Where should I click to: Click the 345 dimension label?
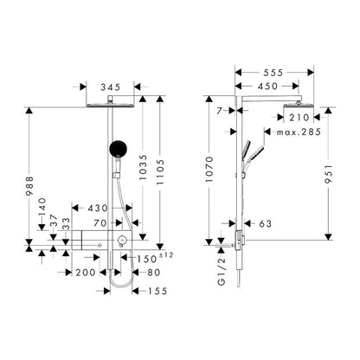pyautogui.click(x=110, y=87)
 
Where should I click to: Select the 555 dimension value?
pyautogui.click(x=273, y=73)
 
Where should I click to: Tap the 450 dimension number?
pyautogui.click(x=267, y=86)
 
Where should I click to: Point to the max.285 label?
pyautogui.click(x=299, y=132)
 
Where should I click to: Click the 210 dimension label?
pyautogui.click(x=299, y=118)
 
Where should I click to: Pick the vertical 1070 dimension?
pyautogui.click(x=209, y=170)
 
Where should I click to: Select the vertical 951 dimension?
pyautogui.click(x=329, y=174)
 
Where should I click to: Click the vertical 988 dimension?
pyautogui.click(x=29, y=186)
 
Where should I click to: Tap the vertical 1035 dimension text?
pyautogui.click(x=143, y=167)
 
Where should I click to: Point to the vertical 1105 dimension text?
pyautogui.click(x=160, y=172)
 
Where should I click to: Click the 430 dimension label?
pyautogui.click(x=98, y=208)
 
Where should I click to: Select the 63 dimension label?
pyautogui.click(x=266, y=223)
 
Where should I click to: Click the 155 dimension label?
pyautogui.click(x=157, y=291)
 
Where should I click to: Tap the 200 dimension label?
pyautogui.click(x=86, y=273)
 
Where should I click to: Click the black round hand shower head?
pyautogui.click(x=119, y=149)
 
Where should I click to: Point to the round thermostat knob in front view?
pyautogui.click(x=122, y=240)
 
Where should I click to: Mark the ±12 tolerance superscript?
pyautogui.click(x=166, y=255)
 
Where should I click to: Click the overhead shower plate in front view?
pyautogui.click(x=110, y=106)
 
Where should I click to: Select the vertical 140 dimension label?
pyautogui.click(x=42, y=207)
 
